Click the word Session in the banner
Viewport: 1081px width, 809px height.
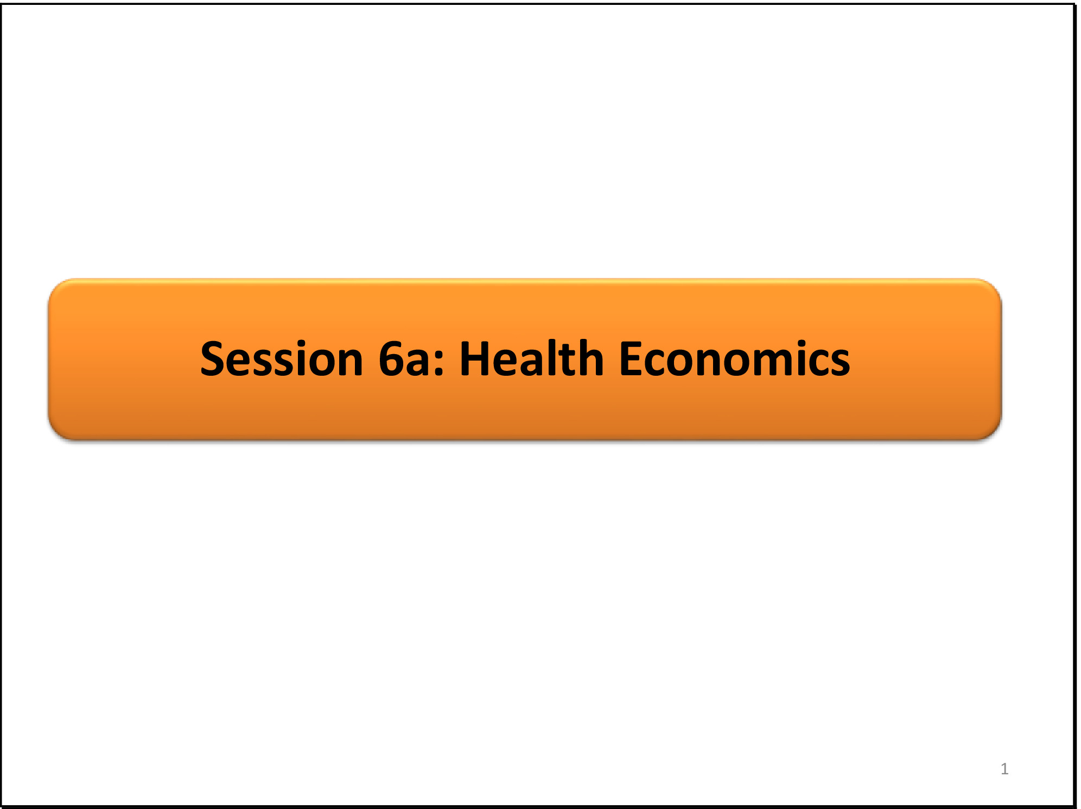[x=282, y=358]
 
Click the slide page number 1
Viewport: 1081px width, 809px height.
[x=1004, y=768]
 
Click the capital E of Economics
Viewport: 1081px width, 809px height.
[x=631, y=358]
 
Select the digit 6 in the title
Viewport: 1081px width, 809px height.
[x=392, y=358]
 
